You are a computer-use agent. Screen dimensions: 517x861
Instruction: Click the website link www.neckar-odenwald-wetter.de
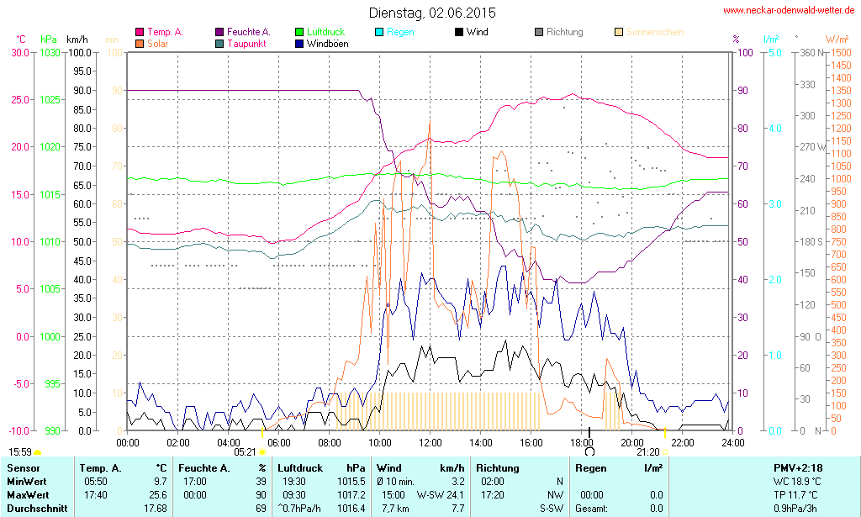(x=789, y=11)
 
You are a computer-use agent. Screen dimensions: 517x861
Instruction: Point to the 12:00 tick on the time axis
(x=430, y=442)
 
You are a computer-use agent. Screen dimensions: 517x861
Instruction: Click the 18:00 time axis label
(x=582, y=442)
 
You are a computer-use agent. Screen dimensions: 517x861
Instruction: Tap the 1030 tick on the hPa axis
(x=50, y=52)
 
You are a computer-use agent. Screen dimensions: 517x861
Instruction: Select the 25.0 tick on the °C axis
(x=18, y=99)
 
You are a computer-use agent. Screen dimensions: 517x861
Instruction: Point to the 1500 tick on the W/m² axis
(x=840, y=52)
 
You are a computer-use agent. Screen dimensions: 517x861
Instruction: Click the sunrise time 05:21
(x=245, y=451)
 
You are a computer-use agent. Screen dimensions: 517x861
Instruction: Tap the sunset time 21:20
(x=647, y=451)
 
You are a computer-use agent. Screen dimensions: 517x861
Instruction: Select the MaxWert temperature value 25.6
(x=159, y=495)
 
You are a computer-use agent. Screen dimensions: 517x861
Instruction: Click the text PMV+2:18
(x=798, y=467)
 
